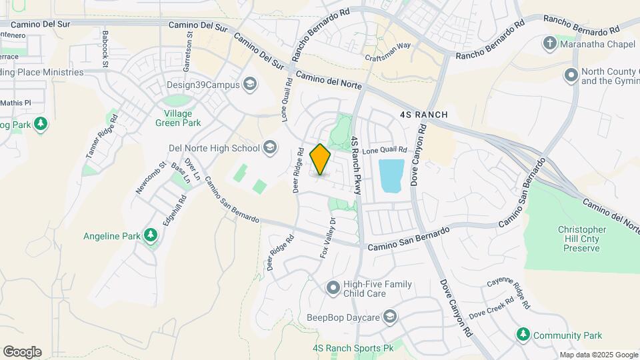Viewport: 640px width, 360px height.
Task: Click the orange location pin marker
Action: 320,159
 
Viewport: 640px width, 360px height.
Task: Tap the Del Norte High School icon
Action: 270,147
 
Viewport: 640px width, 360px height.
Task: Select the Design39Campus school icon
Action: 250,84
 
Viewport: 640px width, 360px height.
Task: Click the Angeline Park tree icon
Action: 151,235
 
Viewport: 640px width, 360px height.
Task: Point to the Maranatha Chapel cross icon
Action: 550,44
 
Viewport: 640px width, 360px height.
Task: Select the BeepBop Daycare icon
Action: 390,317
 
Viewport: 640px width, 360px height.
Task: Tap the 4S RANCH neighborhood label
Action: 423,115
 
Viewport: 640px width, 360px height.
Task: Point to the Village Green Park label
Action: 178,118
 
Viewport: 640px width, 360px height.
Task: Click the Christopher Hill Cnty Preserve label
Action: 582,239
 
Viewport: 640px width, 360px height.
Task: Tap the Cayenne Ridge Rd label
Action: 509,293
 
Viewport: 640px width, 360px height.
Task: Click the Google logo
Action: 22,351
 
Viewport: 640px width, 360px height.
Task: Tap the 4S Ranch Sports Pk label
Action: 353,348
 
